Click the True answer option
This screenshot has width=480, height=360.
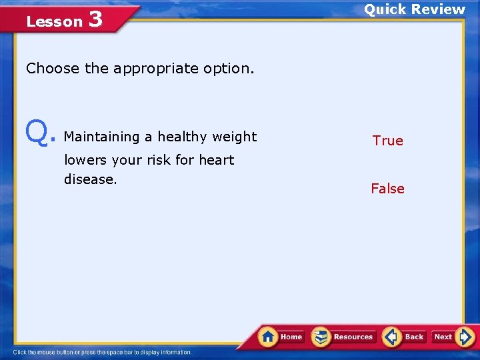(387, 141)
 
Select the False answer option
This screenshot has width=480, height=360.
(387, 189)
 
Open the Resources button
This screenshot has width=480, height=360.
(344, 337)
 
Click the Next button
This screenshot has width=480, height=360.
(453, 337)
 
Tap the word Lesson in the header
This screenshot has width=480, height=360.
(54, 21)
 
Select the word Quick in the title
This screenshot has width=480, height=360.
(385, 9)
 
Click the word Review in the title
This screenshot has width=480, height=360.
(438, 9)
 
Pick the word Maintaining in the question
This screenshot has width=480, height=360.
(101, 137)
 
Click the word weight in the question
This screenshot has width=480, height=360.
(234, 137)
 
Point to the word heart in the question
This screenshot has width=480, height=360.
(216, 160)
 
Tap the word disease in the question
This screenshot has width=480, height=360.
(89, 179)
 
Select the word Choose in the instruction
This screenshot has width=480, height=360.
(53, 68)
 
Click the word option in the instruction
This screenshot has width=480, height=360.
(231, 69)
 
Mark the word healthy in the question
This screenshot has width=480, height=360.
(182, 137)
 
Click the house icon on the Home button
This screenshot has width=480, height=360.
(269, 336)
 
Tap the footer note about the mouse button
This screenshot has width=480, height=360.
(103, 353)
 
